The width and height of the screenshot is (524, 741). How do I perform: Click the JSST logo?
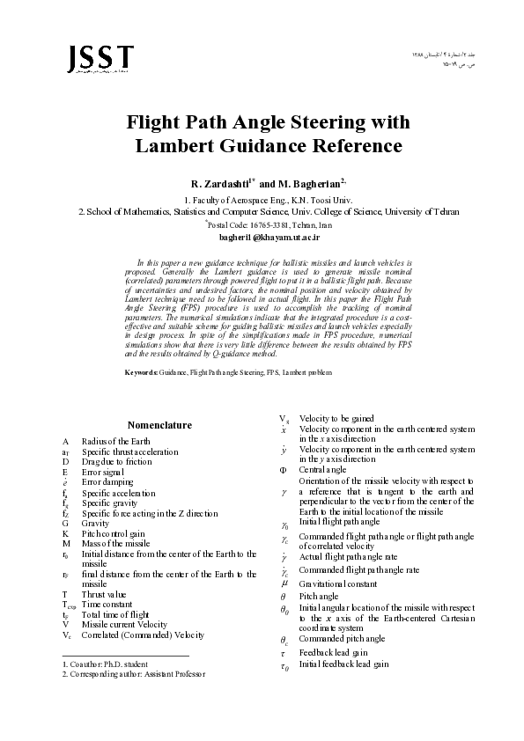pos(100,59)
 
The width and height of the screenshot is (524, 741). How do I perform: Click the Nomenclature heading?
pos(159,425)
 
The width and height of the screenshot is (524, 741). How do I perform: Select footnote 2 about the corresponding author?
pos(133,673)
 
